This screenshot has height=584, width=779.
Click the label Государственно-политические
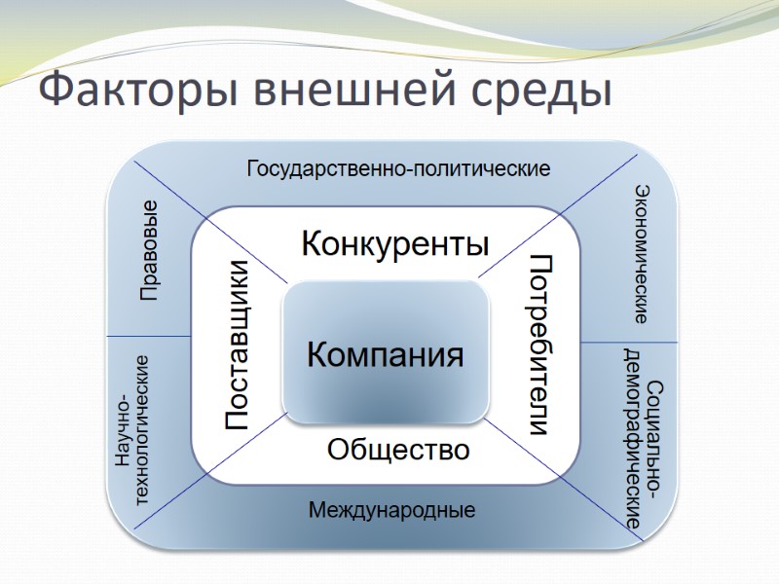tap(398, 168)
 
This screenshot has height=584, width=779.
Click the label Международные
tap(391, 509)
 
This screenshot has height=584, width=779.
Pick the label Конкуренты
tap(394, 242)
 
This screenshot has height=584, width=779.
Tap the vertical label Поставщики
tap(239, 346)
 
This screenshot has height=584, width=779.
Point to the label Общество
tap(398, 450)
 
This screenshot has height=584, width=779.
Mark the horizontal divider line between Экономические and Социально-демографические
tap(628, 343)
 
